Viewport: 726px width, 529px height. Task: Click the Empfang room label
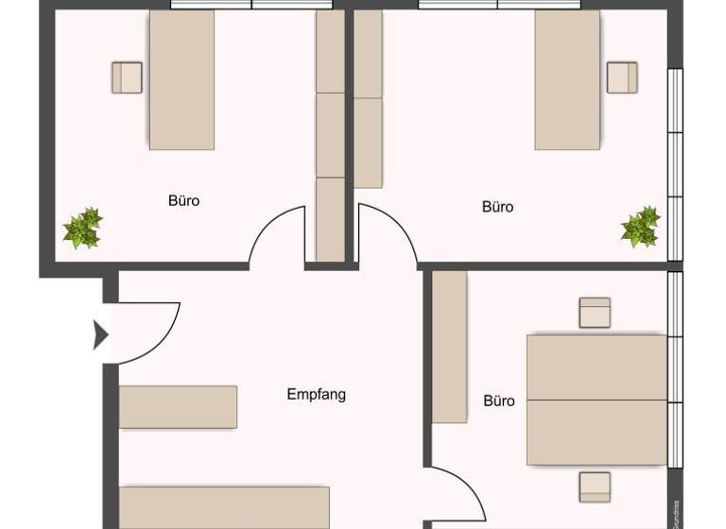[x=316, y=394]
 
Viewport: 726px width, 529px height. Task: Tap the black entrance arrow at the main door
[x=100, y=333]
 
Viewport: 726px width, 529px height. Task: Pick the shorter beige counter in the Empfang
[x=178, y=406]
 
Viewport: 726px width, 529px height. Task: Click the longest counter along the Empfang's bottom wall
[x=224, y=506]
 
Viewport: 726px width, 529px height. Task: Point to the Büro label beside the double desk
[x=499, y=401]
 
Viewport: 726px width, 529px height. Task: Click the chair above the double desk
[x=595, y=313]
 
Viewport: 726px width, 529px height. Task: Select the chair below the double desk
[x=595, y=486]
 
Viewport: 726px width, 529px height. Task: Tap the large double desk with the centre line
[x=596, y=399]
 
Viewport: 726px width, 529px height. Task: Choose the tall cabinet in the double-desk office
[x=450, y=347]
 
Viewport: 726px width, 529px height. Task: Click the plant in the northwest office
[x=82, y=229]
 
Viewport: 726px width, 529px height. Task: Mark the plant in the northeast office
[x=640, y=228]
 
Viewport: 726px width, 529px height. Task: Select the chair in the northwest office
[x=127, y=77]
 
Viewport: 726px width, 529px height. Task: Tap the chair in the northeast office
[x=622, y=77]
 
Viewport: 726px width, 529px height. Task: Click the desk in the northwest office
[x=181, y=79]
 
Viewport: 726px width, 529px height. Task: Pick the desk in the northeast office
[x=567, y=79]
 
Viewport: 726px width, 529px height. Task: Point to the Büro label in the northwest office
[x=183, y=200]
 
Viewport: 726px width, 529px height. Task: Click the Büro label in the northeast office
[x=497, y=206]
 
